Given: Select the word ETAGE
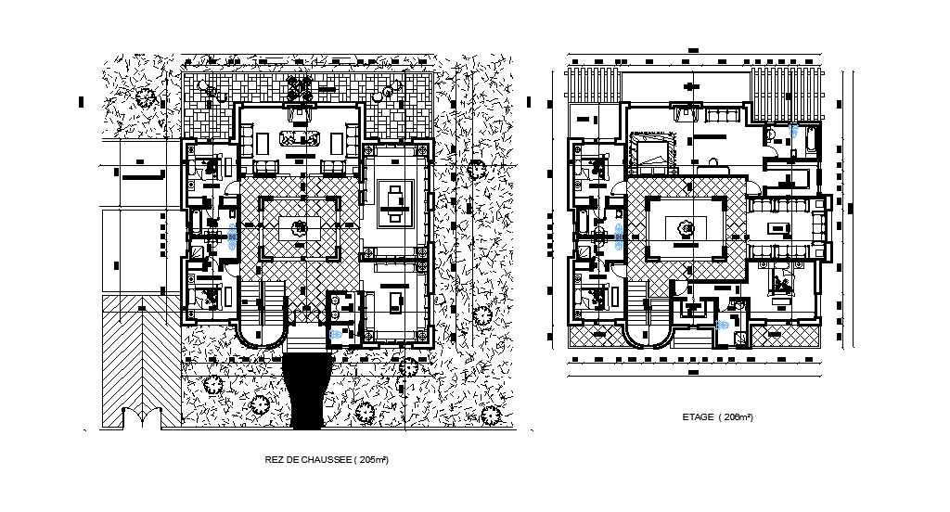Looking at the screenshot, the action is tap(696, 417).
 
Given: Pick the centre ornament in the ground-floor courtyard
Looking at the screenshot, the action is tap(299, 227).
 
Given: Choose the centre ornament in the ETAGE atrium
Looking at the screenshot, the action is tap(687, 228).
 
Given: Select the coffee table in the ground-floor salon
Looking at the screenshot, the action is tap(299, 140).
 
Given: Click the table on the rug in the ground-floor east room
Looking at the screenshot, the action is tap(395, 202).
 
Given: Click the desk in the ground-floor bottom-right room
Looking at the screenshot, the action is tap(396, 299).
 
